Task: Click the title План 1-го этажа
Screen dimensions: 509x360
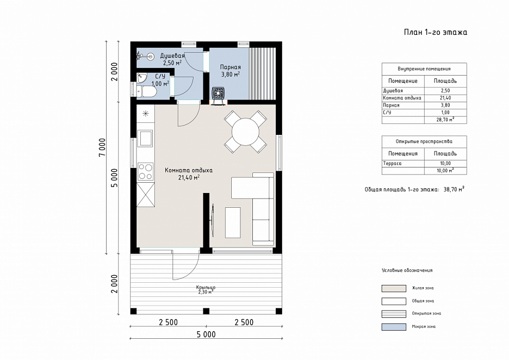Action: (x=435, y=32)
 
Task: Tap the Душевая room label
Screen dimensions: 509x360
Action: (x=172, y=56)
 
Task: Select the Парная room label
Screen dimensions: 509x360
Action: (x=231, y=67)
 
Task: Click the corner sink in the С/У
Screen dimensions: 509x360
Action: (x=141, y=78)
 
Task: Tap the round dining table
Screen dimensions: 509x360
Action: (x=245, y=132)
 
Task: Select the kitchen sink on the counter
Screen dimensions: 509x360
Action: (x=145, y=139)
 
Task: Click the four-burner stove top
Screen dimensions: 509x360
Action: (x=145, y=171)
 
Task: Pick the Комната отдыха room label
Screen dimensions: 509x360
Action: (x=189, y=170)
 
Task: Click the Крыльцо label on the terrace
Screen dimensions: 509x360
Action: (x=206, y=287)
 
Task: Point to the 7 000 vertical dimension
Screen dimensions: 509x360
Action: (x=102, y=148)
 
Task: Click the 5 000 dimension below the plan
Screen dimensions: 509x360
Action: (x=206, y=334)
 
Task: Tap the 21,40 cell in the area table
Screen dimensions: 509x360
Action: (x=445, y=98)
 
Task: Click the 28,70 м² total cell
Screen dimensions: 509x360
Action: (x=445, y=120)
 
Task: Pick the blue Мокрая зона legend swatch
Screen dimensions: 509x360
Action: (x=394, y=327)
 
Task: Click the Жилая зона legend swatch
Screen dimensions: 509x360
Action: (x=394, y=288)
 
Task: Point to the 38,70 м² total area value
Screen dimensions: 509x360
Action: (x=454, y=189)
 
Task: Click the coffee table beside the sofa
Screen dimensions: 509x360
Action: (x=233, y=222)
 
